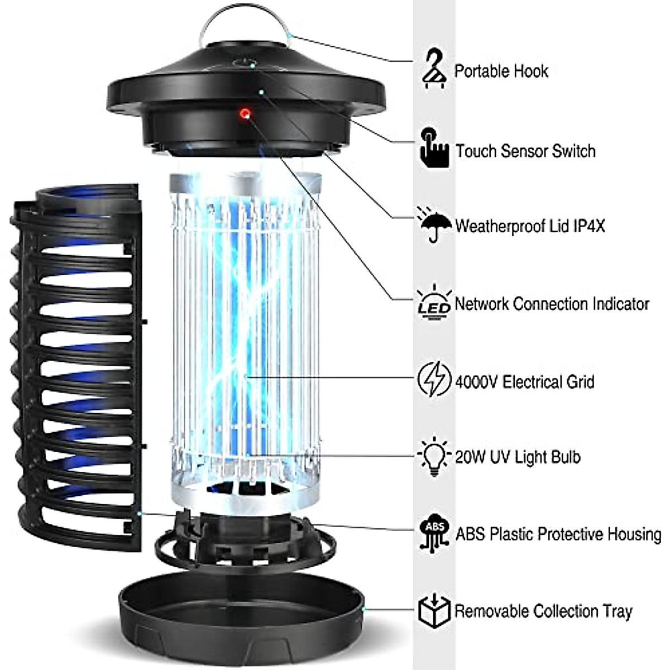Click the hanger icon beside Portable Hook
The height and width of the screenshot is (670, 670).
tap(434, 69)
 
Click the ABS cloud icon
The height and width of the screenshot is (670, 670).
tap(434, 533)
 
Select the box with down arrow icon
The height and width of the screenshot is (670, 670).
tap(434, 610)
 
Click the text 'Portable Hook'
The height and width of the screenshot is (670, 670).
tap(501, 71)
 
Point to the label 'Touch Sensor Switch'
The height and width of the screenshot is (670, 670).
tap(525, 151)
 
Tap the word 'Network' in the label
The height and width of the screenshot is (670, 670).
tap(482, 304)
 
